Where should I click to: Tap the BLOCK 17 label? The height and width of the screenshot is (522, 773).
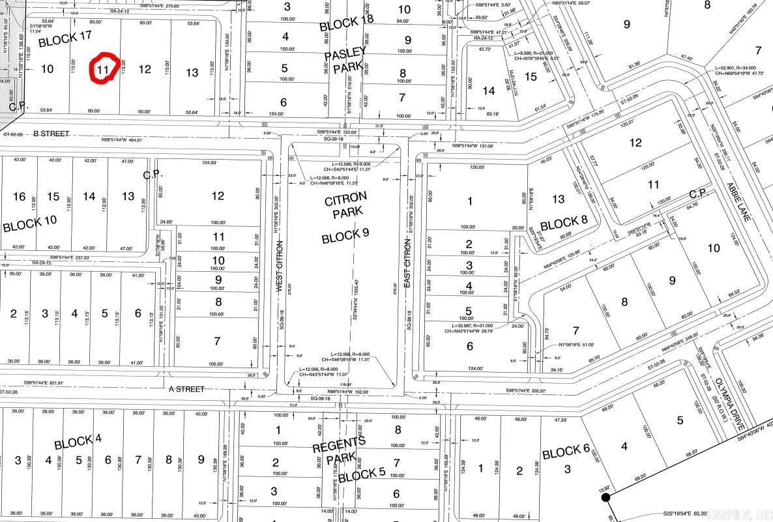click(x=65, y=40)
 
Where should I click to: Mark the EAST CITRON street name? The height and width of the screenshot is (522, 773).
click(x=409, y=263)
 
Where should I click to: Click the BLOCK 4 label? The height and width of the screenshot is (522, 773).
click(x=78, y=442)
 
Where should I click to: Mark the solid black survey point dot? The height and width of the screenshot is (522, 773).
click(x=605, y=497)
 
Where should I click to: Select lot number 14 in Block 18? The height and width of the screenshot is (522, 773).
click(x=489, y=90)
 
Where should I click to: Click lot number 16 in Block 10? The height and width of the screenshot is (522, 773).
click(x=20, y=196)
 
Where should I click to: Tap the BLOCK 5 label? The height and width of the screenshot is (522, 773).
click(x=362, y=475)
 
